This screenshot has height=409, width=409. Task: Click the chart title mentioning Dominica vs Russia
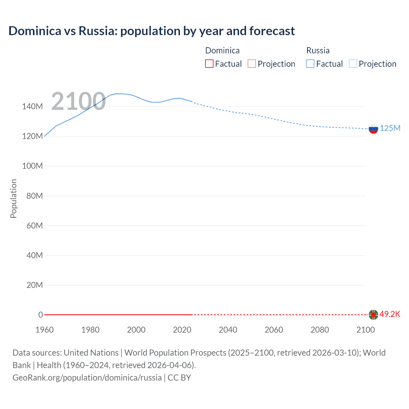[151, 31]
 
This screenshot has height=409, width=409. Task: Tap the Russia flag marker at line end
[373, 129]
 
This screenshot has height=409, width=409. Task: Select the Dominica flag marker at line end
[373, 315]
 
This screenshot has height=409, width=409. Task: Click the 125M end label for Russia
[390, 128]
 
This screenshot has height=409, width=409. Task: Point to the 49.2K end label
[390, 314]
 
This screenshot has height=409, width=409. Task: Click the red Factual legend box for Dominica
[209, 64]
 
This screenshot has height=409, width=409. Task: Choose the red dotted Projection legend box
[252, 64]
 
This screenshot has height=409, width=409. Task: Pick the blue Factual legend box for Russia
[310, 64]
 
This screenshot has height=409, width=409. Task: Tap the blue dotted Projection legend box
[353, 64]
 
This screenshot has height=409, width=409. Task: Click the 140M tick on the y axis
[32, 107]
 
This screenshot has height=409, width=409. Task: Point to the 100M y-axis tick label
[32, 166]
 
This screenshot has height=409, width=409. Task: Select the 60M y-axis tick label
[35, 226]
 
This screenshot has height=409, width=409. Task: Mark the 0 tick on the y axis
[41, 315]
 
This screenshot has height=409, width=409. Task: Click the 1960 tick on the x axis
[44, 330]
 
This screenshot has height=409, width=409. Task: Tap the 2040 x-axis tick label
[228, 330]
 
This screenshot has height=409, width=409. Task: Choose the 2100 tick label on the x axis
[366, 330]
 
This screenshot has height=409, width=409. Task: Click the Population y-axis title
[13, 198]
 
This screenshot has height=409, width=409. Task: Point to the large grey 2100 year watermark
[78, 101]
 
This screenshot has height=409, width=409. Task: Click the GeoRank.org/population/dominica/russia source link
[87, 378]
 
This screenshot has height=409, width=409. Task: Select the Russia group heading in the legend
[318, 50]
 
